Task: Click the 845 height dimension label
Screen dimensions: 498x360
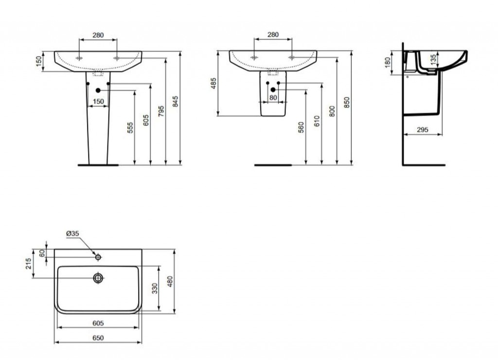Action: click(175, 101)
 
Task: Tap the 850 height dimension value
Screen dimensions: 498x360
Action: click(347, 102)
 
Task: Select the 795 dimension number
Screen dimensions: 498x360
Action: click(161, 111)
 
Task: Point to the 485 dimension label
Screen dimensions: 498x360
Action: click(213, 83)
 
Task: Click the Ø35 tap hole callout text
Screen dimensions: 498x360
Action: click(72, 234)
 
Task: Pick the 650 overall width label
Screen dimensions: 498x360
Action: click(98, 338)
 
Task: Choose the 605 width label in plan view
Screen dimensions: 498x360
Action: click(98, 323)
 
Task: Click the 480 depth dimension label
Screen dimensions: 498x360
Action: click(170, 282)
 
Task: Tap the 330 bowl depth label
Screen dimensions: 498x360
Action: click(155, 288)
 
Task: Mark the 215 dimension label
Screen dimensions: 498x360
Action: click(28, 264)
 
